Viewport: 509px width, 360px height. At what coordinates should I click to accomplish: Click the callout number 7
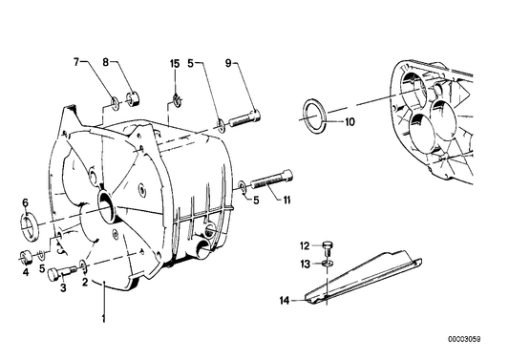(76, 62)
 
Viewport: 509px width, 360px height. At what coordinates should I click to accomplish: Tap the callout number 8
(105, 62)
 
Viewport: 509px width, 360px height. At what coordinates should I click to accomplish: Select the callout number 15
(175, 64)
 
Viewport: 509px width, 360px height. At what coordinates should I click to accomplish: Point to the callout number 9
(228, 63)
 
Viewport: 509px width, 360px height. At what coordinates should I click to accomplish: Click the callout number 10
(350, 122)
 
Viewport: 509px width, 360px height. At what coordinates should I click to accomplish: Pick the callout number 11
(286, 201)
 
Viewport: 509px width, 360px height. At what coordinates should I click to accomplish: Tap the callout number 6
(26, 202)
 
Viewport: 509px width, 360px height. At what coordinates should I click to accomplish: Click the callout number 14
(285, 301)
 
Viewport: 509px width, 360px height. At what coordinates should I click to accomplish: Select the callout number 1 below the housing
(103, 319)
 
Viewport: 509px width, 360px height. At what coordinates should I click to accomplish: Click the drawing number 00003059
(464, 340)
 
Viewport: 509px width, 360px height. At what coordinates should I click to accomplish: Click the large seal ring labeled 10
(315, 116)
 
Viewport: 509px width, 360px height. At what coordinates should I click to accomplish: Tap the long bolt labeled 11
(271, 181)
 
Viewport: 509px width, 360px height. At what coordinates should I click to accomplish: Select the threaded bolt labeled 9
(244, 119)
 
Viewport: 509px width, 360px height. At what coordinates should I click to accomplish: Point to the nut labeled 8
(133, 98)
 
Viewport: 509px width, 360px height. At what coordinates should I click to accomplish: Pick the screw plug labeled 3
(62, 273)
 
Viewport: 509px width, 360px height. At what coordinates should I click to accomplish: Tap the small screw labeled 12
(329, 248)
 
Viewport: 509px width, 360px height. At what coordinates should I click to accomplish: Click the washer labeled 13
(329, 263)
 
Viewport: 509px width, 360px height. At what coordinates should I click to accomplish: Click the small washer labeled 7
(115, 102)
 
